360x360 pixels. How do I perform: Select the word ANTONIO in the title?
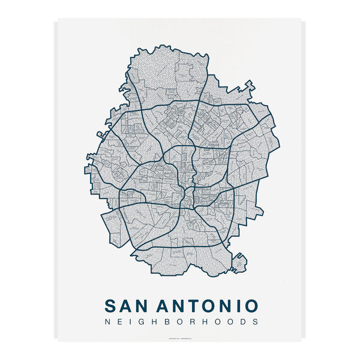coord(208,305)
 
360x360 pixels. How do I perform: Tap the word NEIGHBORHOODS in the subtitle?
coord(181,322)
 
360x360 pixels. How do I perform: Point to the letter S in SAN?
coord(111,305)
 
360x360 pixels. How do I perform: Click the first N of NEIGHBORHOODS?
coord(107,322)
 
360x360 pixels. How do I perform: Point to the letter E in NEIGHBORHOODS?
coord(119,322)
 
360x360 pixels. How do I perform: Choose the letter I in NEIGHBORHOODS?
coord(130,322)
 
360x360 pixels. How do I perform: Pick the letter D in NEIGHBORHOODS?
coord(243,322)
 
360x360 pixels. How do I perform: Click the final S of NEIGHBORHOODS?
coord(255,322)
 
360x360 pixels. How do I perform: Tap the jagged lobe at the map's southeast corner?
coord(238,262)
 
